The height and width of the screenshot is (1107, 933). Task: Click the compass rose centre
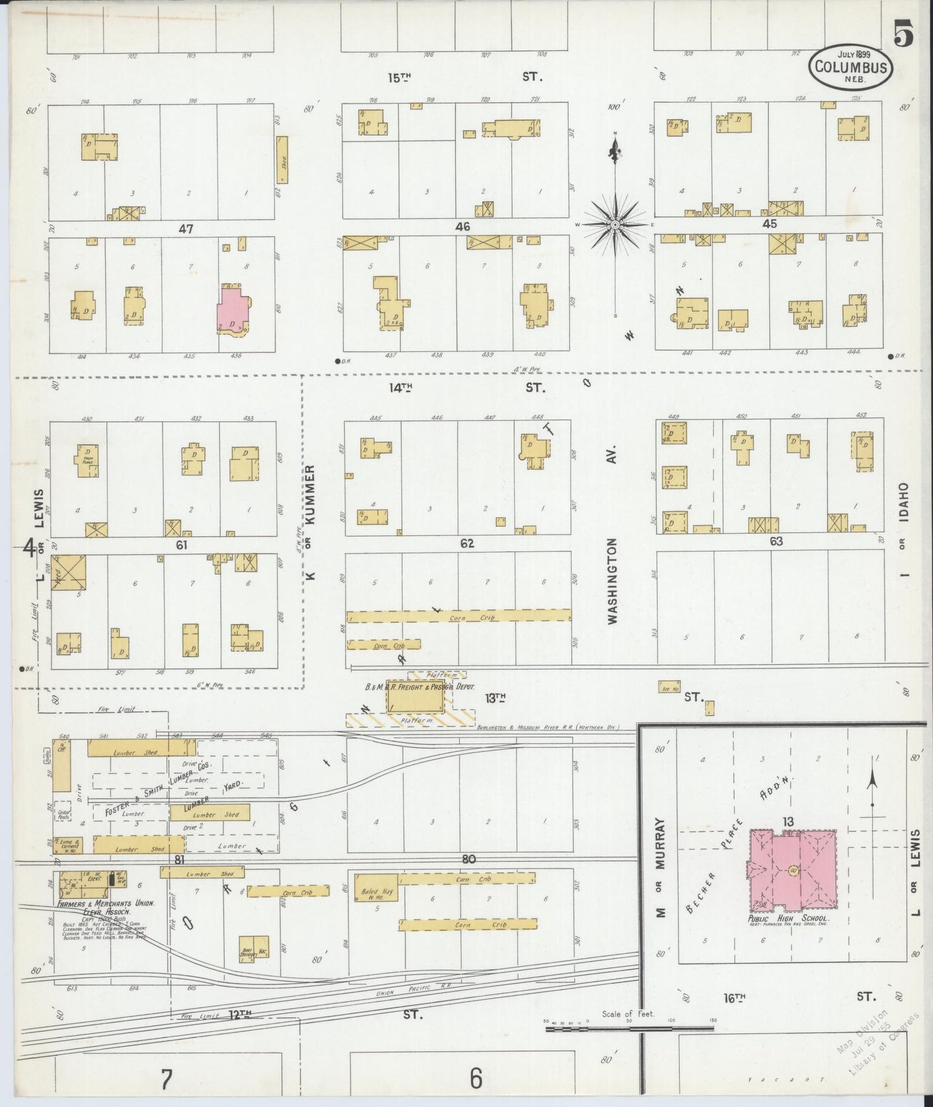tap(615, 224)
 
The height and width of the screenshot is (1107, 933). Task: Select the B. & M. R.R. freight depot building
tap(416, 696)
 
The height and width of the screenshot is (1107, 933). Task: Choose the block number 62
tap(467, 544)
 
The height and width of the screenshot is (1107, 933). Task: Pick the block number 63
tap(775, 541)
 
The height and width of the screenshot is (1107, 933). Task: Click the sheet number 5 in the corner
tap(903, 36)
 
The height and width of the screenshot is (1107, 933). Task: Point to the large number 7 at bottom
tap(167, 1079)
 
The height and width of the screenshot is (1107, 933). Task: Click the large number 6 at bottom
tap(475, 1078)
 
